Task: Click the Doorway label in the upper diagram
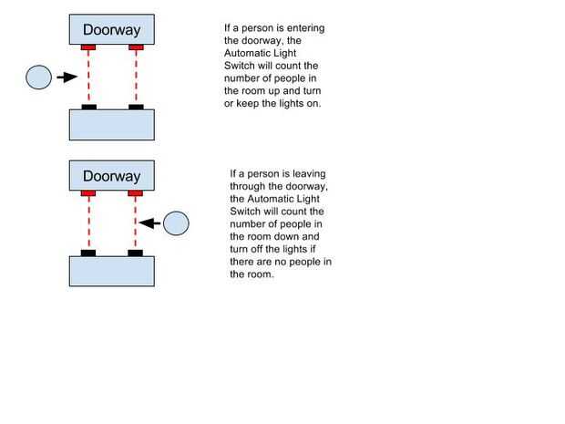(112, 28)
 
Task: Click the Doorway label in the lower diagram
(112, 174)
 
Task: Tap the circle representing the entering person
(38, 78)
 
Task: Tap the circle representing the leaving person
(175, 222)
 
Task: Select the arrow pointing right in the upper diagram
(65, 78)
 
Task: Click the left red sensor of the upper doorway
(88, 47)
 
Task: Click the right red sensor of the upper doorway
(136, 47)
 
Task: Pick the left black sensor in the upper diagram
(88, 108)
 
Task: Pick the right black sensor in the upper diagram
(136, 108)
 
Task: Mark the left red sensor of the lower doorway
(88, 193)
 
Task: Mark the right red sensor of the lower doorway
(136, 193)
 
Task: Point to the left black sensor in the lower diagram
(88, 253)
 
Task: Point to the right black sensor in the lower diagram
(136, 253)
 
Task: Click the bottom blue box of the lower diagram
(112, 271)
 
